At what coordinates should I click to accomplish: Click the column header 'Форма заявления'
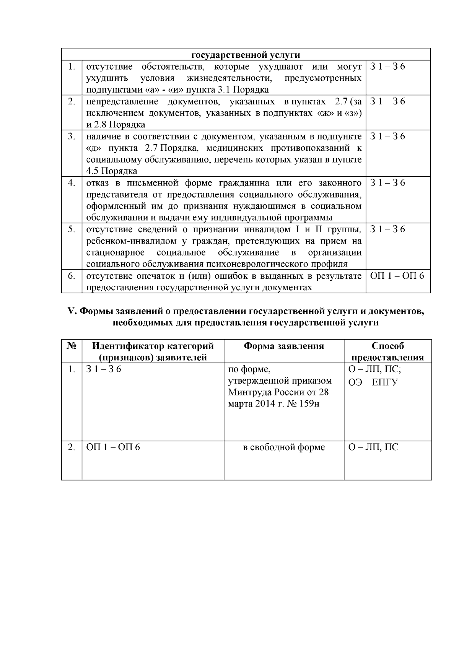284,346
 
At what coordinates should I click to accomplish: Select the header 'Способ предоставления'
387,352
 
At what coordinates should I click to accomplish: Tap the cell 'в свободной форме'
284,447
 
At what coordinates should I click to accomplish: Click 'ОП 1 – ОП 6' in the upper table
397,276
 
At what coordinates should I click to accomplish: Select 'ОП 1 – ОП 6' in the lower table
113,447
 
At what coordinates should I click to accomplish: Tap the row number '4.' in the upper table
72,183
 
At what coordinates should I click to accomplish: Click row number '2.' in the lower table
72,447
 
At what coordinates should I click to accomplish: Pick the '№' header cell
72,346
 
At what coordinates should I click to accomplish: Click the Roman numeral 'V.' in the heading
72,312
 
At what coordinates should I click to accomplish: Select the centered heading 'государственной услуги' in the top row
246,55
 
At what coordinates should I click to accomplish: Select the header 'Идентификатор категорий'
153,346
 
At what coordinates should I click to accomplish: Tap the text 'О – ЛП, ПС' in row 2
373,447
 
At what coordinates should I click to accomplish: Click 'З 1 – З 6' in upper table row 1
387,67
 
